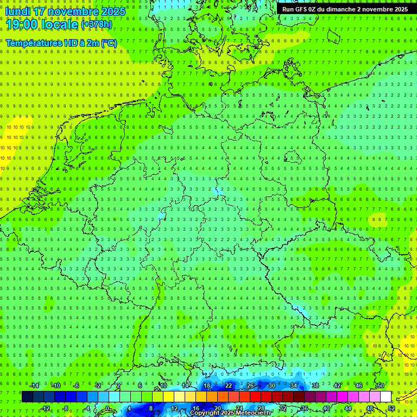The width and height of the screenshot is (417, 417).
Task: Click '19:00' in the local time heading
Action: [22, 24]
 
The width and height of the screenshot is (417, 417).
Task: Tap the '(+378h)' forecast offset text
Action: [97, 24]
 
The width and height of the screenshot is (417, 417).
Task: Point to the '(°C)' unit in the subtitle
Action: [108, 43]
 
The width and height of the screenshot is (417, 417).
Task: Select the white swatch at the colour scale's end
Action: [386, 396]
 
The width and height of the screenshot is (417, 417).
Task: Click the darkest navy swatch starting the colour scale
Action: [27, 396]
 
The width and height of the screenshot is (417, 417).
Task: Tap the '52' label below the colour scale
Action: [391, 408]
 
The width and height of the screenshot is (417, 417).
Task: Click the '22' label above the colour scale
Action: [229, 386]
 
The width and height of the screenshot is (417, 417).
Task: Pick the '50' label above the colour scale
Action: [381, 386]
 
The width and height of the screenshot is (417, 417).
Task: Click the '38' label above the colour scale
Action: [315, 386]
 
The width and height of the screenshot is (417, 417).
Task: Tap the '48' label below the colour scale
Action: [370, 408]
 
